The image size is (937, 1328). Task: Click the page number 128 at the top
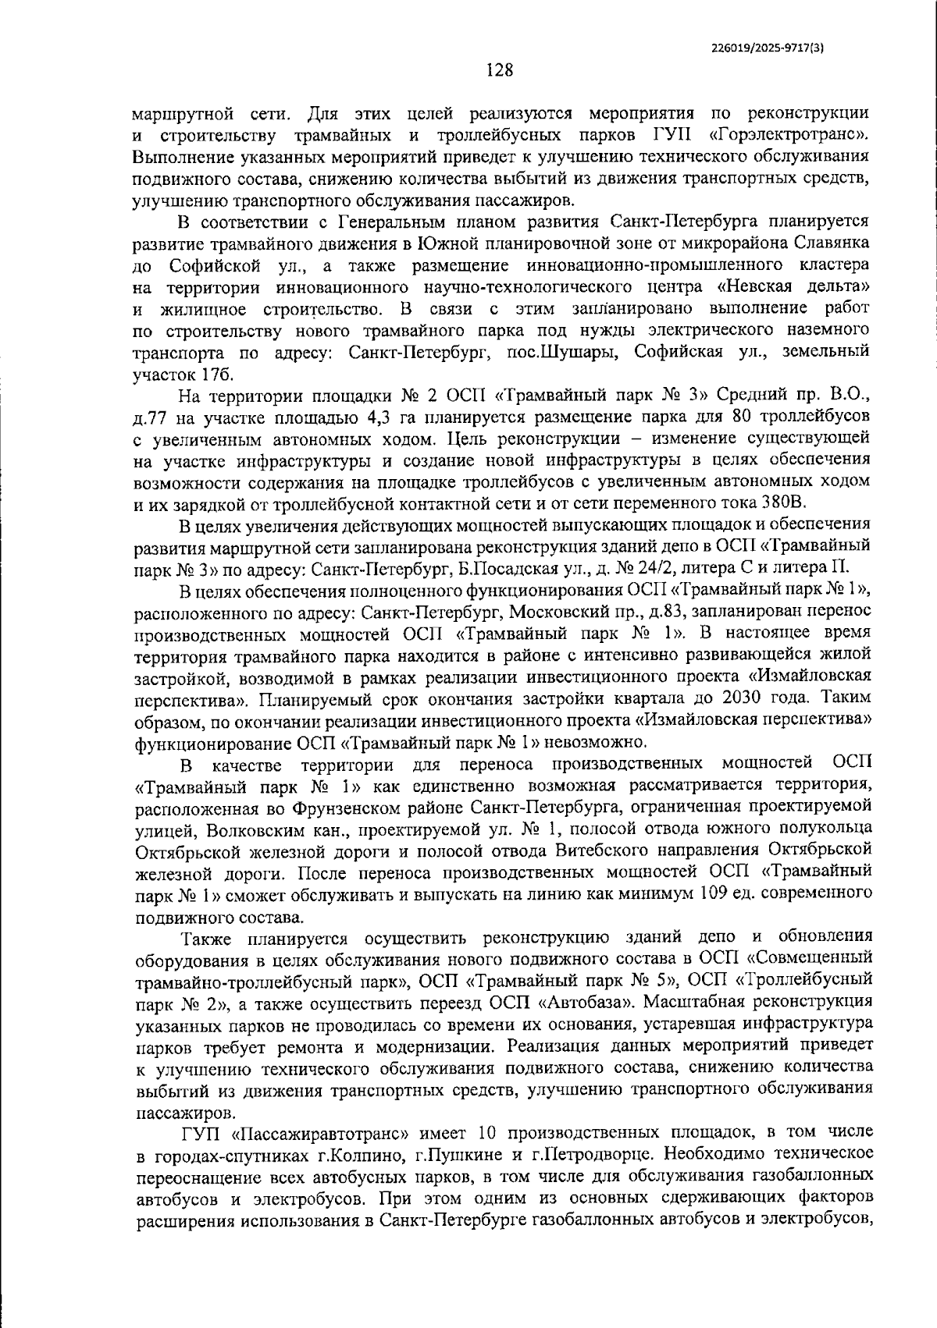tap(500, 71)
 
